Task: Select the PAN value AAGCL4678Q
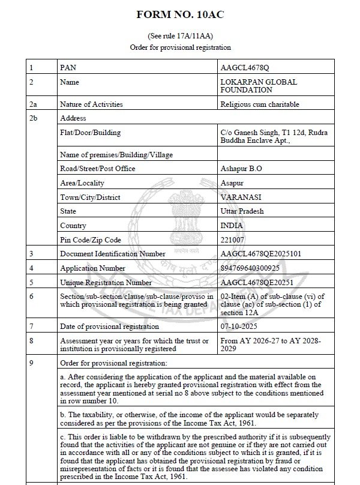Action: click(245, 68)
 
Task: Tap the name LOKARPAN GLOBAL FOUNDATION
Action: click(259, 86)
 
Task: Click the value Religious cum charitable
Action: click(260, 104)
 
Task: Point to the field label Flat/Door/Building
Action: click(91, 132)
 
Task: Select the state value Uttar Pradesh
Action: click(242, 211)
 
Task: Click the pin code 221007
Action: click(233, 240)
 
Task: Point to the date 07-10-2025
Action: click(241, 327)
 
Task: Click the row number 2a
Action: click(32, 104)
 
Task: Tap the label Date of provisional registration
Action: click(110, 327)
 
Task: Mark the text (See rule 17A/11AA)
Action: click(181, 37)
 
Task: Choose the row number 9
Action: click(31, 363)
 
